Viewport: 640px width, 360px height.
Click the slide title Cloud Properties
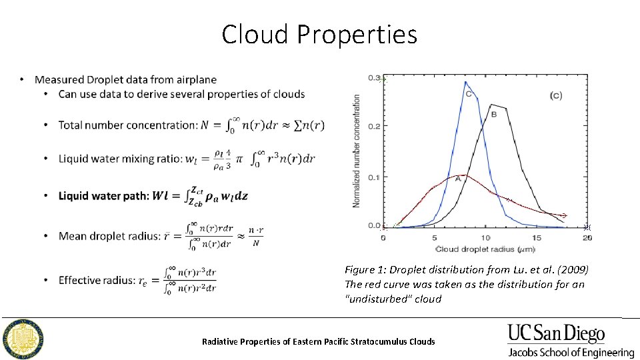click(x=319, y=35)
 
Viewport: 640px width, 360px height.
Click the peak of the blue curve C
click(x=465, y=82)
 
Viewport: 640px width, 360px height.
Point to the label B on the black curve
click(x=494, y=115)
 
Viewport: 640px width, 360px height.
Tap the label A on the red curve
click(x=458, y=179)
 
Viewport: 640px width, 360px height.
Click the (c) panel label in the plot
click(x=555, y=96)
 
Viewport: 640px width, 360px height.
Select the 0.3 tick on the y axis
click(x=373, y=77)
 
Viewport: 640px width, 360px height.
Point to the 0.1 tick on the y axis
click(x=373, y=177)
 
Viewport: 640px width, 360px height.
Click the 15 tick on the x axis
click(x=535, y=237)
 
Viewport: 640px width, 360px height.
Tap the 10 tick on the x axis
click(x=485, y=237)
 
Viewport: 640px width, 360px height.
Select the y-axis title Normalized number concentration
click(x=357, y=151)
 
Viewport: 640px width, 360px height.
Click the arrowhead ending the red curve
click(x=565, y=215)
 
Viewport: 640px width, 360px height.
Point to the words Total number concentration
click(x=127, y=125)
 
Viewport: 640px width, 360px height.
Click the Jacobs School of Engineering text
click(x=571, y=352)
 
